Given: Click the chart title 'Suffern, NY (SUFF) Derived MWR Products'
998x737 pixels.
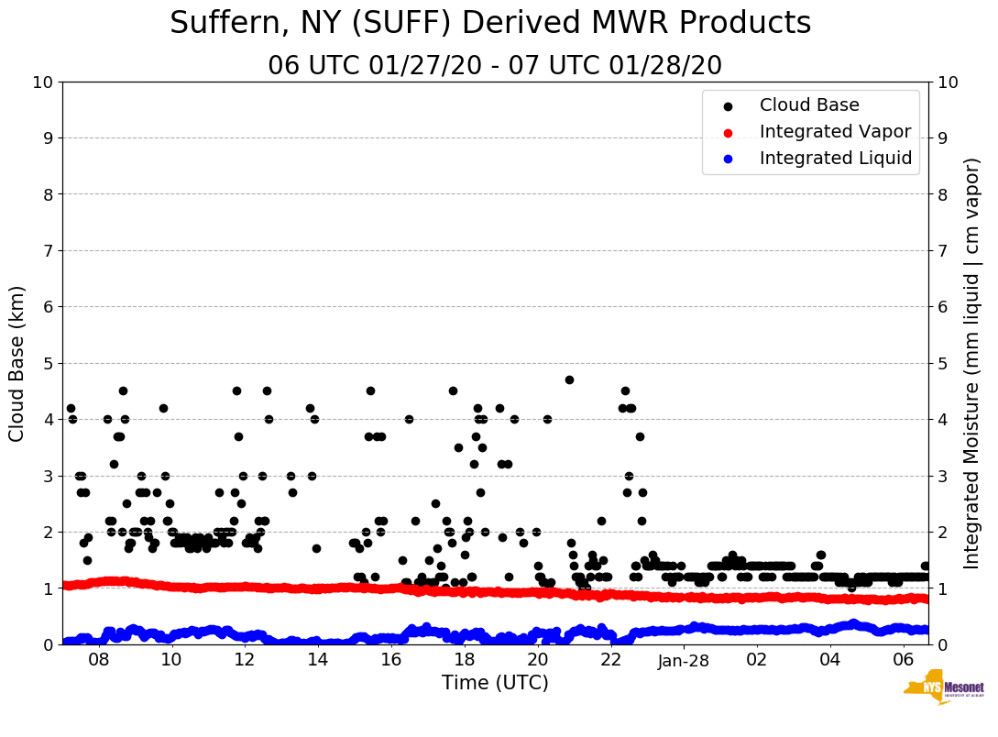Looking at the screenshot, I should point(490,23).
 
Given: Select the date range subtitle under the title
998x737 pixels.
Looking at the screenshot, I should point(495,66).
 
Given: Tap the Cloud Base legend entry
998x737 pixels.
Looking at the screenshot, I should point(809,105).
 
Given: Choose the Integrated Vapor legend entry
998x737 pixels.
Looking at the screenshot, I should point(835,132).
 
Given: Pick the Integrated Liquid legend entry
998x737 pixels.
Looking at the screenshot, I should point(836,159).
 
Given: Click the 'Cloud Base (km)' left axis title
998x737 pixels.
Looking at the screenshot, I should point(17,363).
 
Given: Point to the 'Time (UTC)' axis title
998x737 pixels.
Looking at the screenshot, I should point(495,683).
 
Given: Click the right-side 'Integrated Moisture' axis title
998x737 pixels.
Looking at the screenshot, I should point(972,363).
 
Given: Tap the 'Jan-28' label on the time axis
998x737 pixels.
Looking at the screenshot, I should point(685,659).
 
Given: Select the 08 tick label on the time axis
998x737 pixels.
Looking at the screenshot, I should point(98,659).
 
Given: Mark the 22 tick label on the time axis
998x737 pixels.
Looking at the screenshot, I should point(610,659).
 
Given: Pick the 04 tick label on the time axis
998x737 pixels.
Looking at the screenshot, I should point(830,659).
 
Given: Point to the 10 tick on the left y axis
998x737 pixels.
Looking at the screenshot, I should point(43,82).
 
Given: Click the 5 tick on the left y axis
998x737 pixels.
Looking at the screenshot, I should point(49,363).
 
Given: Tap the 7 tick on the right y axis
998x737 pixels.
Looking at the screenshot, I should point(942,250).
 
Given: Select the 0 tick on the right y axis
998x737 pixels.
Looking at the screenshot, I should point(942,644).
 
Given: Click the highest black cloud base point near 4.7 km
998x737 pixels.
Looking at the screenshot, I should point(569,379).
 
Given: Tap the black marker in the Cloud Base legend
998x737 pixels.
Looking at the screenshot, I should point(728,105).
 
